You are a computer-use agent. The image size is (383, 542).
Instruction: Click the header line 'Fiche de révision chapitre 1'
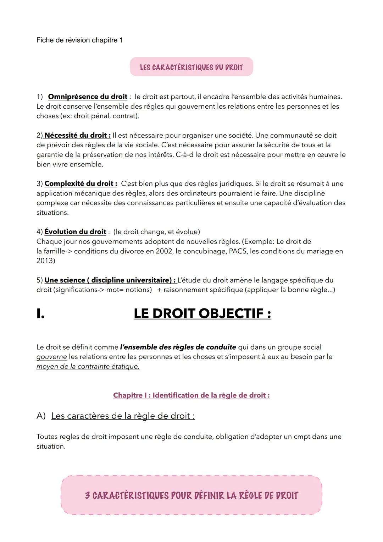79,40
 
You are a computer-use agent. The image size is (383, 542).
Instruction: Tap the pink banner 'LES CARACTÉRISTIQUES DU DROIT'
191,67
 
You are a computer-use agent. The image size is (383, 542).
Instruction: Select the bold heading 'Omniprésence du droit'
88,97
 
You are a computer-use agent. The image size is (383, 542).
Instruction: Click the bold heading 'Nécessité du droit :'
77,135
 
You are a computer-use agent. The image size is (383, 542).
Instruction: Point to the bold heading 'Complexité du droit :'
81,184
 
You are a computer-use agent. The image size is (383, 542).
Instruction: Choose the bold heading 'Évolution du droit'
75,232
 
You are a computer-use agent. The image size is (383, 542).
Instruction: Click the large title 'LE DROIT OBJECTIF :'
202,313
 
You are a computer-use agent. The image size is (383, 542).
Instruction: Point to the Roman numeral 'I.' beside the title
40,314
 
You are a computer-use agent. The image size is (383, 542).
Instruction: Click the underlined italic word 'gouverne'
51,356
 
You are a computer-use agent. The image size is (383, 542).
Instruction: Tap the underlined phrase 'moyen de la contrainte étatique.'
88,366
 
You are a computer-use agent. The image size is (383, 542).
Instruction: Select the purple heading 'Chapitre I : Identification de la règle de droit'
191,395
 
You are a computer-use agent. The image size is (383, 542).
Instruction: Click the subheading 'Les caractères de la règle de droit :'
123,416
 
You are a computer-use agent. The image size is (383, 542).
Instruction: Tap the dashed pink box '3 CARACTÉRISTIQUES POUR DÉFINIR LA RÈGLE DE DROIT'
191,495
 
